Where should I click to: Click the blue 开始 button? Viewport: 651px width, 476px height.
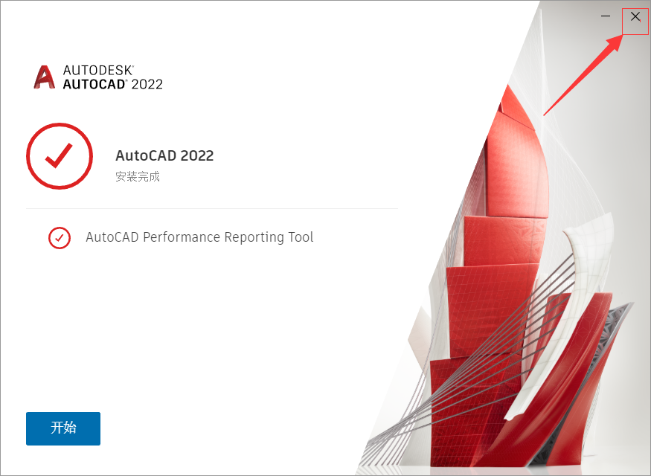click(x=63, y=428)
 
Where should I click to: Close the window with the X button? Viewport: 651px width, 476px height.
click(x=635, y=16)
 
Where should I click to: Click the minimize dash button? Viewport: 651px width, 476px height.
click(x=606, y=16)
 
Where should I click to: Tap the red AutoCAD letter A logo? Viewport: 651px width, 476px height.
click(x=45, y=77)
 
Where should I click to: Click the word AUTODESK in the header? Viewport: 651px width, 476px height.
click(x=97, y=70)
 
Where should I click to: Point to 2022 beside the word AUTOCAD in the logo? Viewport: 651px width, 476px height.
click(x=147, y=84)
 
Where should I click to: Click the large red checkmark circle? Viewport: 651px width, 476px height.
click(x=60, y=156)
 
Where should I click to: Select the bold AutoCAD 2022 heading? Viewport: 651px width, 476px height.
click(x=164, y=155)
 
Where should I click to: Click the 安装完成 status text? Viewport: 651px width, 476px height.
click(x=138, y=177)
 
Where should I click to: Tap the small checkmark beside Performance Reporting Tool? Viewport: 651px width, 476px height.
click(x=60, y=238)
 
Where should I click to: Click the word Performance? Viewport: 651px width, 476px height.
click(x=179, y=237)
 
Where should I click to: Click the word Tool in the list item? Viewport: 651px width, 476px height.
click(x=301, y=237)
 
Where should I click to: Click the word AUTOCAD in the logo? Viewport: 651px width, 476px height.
click(x=94, y=84)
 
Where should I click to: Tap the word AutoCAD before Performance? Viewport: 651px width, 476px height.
click(x=112, y=237)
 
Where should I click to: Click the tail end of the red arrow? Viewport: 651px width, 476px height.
click(x=545, y=114)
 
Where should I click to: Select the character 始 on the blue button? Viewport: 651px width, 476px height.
click(x=70, y=428)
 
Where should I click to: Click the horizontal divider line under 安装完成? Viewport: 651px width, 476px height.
click(x=212, y=209)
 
